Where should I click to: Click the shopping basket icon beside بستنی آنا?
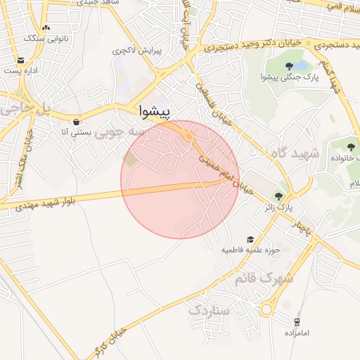pos(76,121)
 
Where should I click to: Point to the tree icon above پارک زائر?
pos(279,196)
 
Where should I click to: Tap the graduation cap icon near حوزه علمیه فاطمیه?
pos(249,240)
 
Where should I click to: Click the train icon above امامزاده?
pos(297,321)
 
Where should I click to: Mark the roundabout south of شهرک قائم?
pos(268,309)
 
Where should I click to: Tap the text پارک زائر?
pos(278,208)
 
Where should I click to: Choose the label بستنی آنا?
pos(75,132)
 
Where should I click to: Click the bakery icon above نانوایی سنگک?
pos(46,27)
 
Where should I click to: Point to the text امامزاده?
pos(297,332)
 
